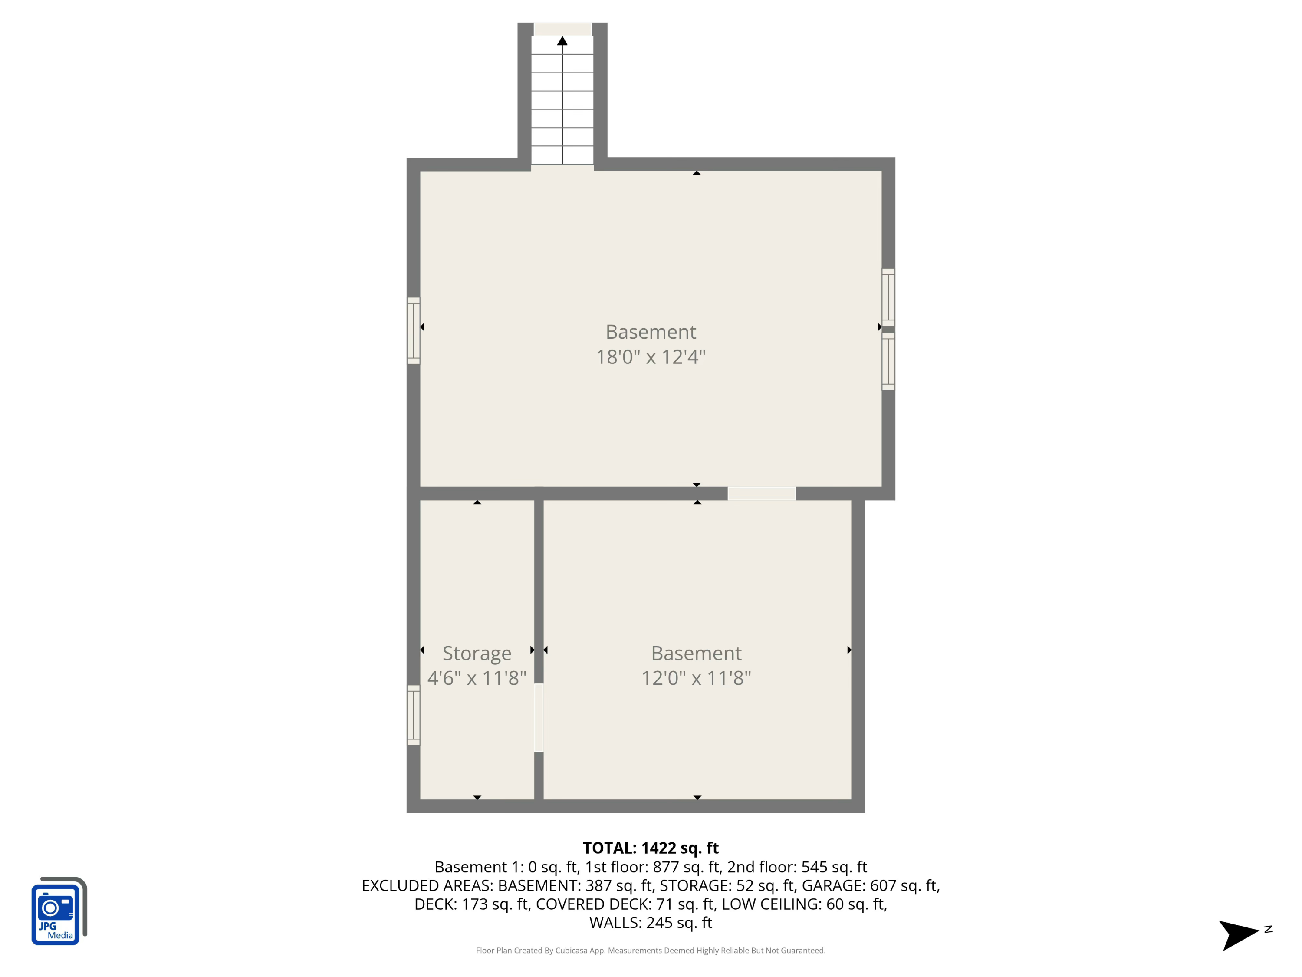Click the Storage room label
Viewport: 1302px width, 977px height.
point(477,653)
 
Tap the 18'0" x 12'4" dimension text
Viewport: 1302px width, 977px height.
point(651,357)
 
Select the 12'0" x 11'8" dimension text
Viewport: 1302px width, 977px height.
point(696,678)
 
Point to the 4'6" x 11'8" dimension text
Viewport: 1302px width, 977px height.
point(477,678)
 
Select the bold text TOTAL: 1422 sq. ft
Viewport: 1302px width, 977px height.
point(651,848)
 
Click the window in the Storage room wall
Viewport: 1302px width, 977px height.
point(413,715)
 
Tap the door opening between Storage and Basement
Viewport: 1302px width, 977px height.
point(539,717)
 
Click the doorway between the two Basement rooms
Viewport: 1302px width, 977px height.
point(762,494)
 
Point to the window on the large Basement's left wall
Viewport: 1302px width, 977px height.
point(413,330)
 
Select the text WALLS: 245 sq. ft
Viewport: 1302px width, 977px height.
point(651,923)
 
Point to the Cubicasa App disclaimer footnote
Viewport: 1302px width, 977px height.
point(651,951)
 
